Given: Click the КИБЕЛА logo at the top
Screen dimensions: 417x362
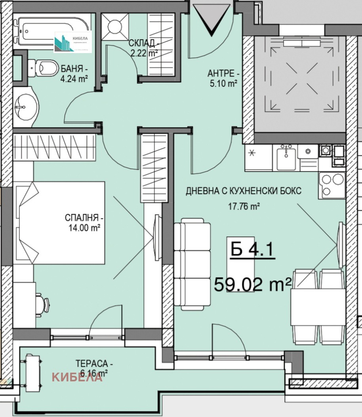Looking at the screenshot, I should pos(73,42).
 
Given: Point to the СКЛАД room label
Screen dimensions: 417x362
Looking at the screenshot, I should pos(143,44).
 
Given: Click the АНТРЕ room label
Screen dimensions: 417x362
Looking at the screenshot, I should pos(223,74).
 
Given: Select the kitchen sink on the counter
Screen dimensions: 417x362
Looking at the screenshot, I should pos(286,158).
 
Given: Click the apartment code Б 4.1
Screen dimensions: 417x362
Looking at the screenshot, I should pos(253,251).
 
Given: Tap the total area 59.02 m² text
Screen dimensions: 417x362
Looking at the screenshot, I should pos(253,284).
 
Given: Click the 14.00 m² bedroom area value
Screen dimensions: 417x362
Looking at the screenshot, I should pos(85,228).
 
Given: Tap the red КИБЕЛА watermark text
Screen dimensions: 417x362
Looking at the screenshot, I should pos(77,377).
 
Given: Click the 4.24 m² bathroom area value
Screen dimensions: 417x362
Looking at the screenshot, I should pos(74,79).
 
